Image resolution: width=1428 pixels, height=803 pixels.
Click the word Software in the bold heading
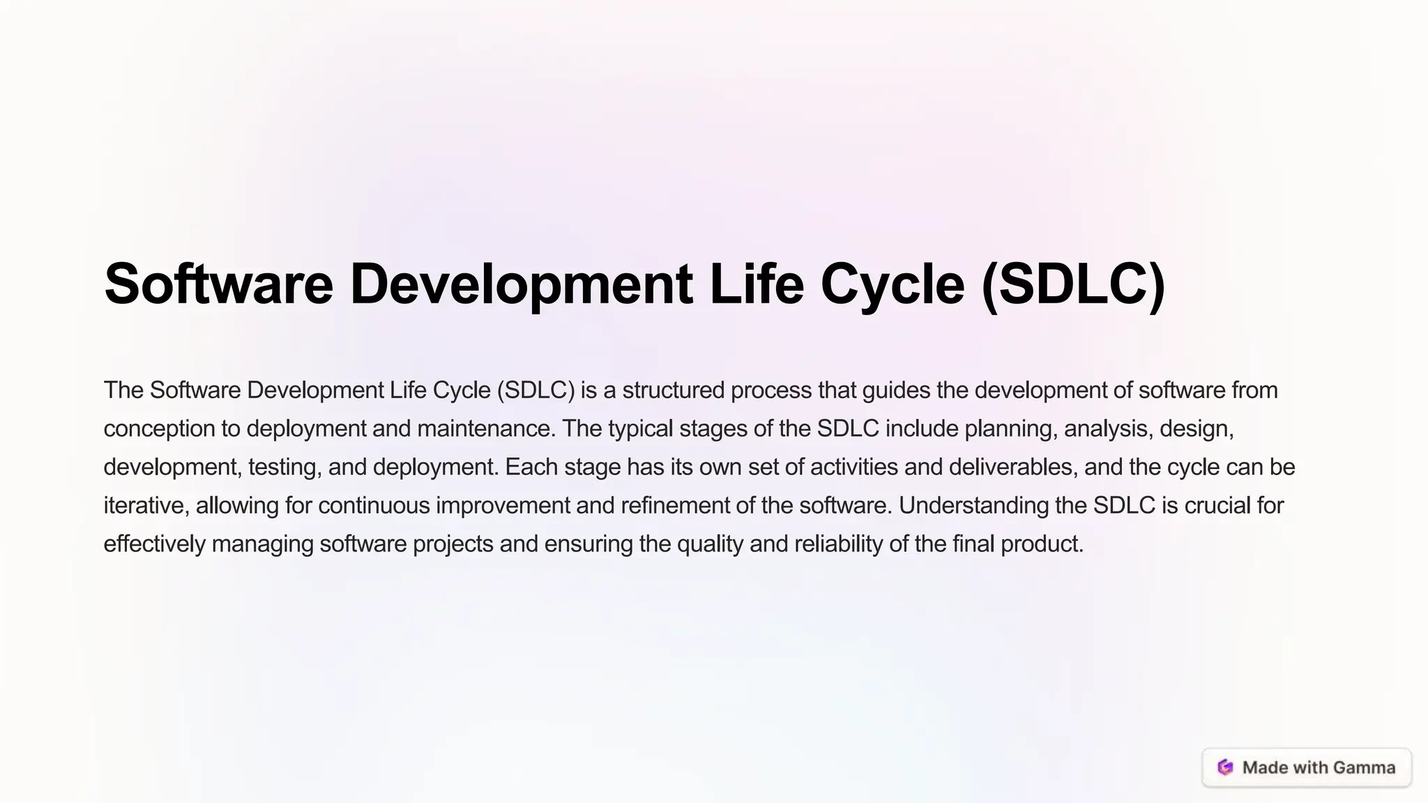coord(218,284)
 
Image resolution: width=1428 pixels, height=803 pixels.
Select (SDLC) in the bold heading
coord(1072,284)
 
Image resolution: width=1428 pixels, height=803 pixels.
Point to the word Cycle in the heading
coord(892,284)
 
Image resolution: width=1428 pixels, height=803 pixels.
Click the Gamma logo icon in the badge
coord(1225,767)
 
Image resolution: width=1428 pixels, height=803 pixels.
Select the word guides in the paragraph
coord(896,390)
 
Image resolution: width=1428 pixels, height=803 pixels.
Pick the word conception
coord(160,429)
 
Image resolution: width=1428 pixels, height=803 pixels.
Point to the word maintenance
coord(486,429)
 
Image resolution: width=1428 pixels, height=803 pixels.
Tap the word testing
coord(284,467)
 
